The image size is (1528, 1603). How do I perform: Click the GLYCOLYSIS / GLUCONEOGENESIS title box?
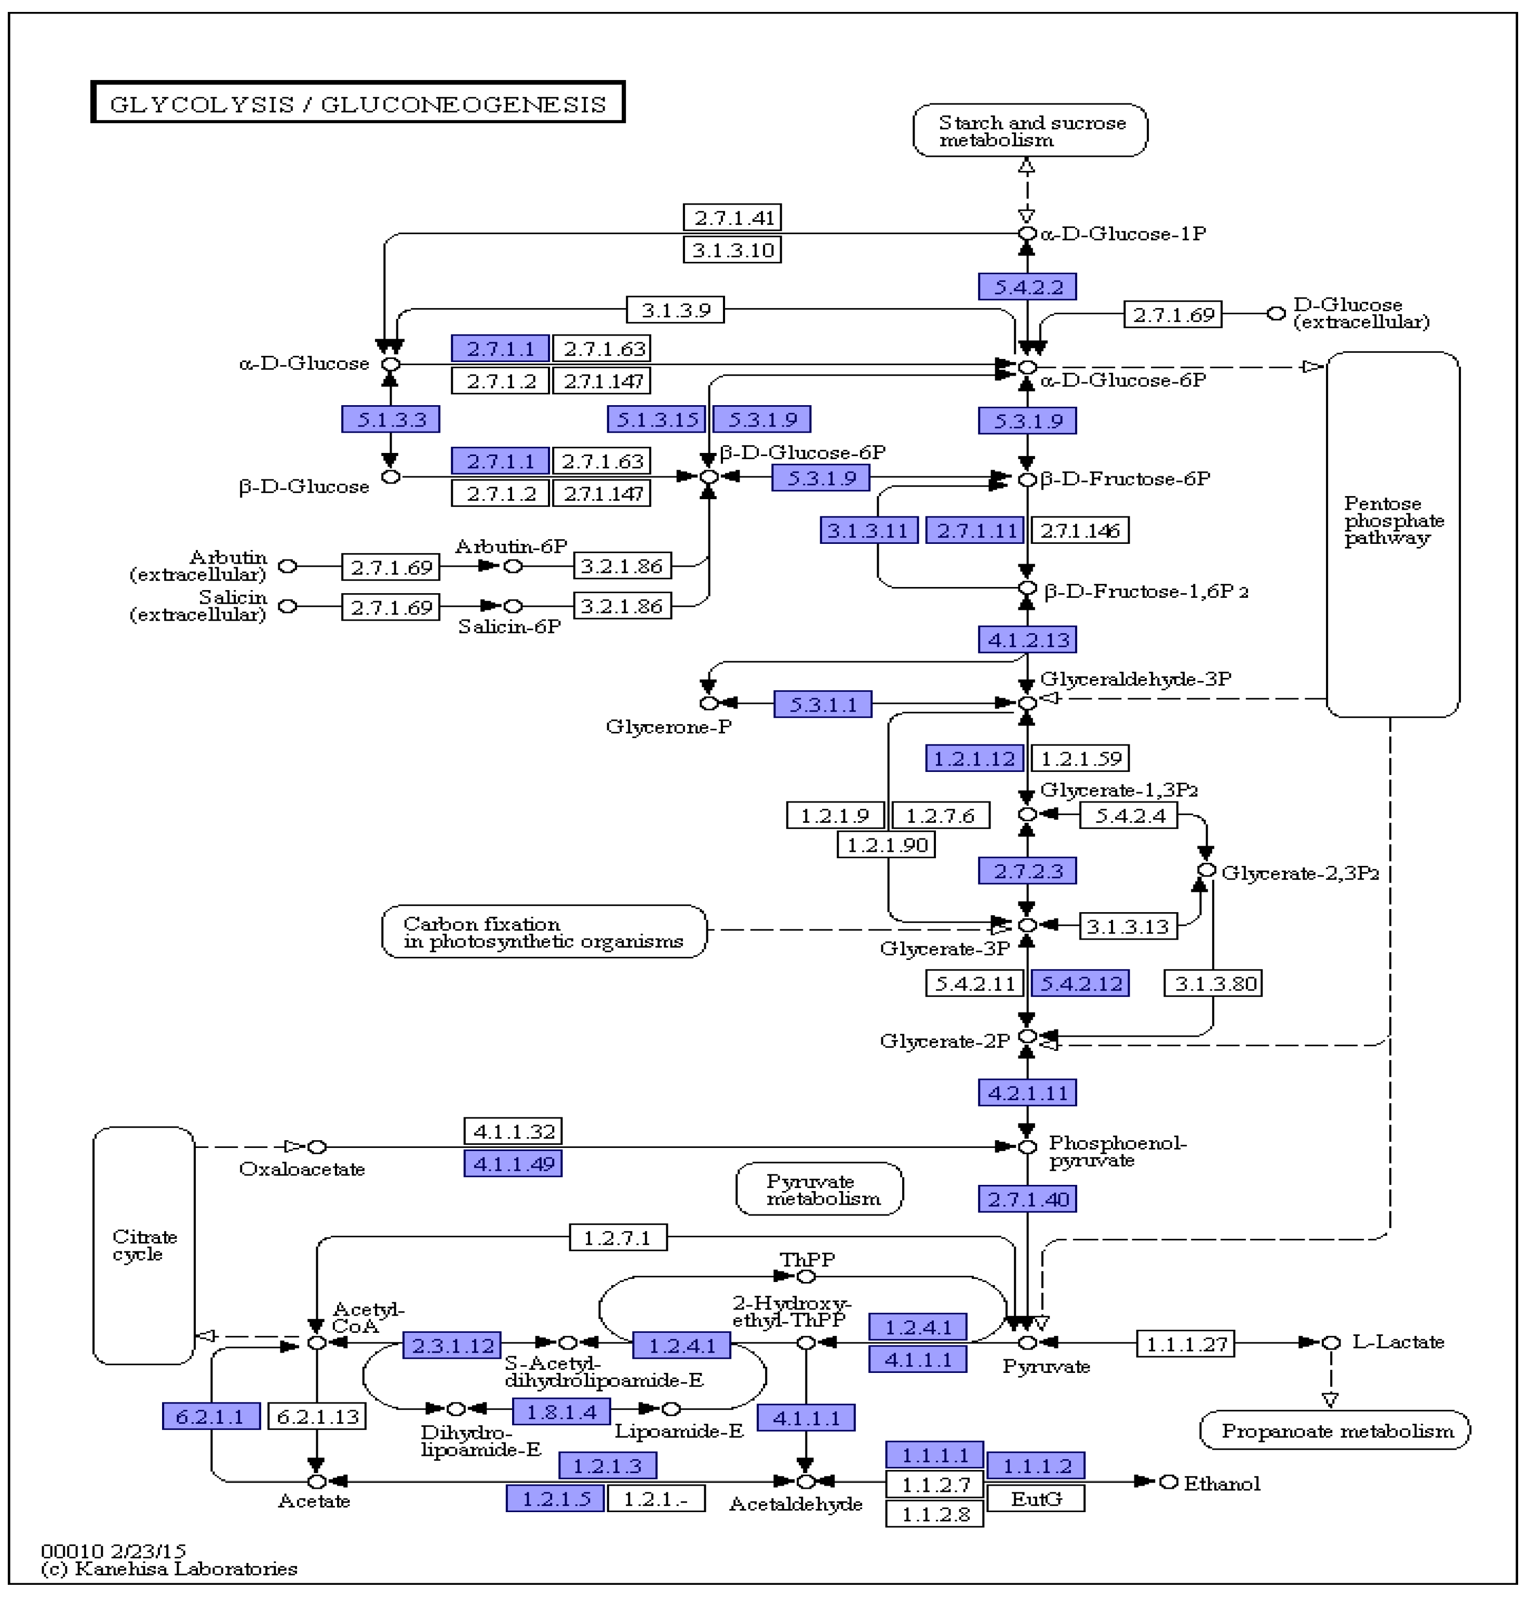pyautogui.click(x=357, y=103)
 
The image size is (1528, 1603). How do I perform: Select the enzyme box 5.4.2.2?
pyautogui.click(x=1027, y=287)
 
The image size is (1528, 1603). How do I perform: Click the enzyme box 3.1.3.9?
pyautogui.click(x=675, y=310)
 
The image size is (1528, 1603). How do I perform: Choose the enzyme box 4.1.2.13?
pyautogui.click(x=1027, y=639)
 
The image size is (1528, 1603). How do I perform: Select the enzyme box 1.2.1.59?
pyautogui.click(x=1080, y=758)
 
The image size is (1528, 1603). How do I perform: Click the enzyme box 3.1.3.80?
pyautogui.click(x=1213, y=983)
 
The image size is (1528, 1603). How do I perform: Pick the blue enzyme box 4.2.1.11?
pyautogui.click(x=1027, y=1093)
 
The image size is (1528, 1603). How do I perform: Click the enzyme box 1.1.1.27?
pyautogui.click(x=1185, y=1344)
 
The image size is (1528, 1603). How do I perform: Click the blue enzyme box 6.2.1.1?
pyautogui.click(x=210, y=1417)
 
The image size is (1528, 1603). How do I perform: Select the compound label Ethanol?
pyautogui.click(x=1221, y=1483)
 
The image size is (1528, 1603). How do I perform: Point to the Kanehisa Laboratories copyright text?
pyautogui.click(x=169, y=1569)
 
